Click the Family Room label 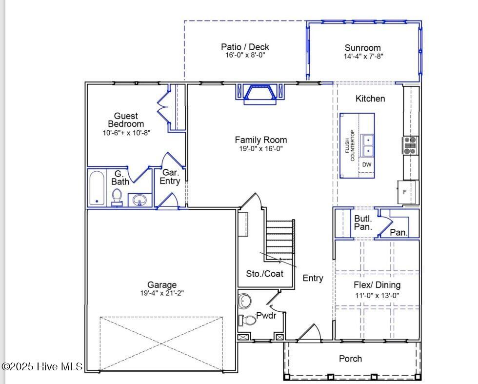[x=260, y=140]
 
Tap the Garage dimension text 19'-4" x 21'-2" [x=162, y=293]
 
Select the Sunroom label [x=362, y=48]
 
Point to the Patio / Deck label [x=245, y=47]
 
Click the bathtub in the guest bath [x=97, y=188]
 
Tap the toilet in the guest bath [x=117, y=197]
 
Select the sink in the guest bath [x=140, y=200]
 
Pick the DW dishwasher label [x=366, y=165]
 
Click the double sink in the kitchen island [x=367, y=145]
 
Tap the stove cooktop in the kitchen [x=410, y=145]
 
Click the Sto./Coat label [x=265, y=274]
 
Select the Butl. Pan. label [x=363, y=223]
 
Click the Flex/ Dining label [x=377, y=285]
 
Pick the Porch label [x=350, y=359]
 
